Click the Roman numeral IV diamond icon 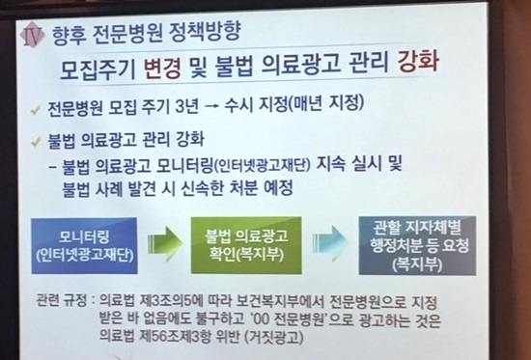pos(32,35)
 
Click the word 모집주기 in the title pos(98,70)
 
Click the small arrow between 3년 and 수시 pos(210,105)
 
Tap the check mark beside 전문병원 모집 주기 pos(35,109)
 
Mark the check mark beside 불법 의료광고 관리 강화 pos(36,142)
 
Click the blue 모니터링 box pos(84,245)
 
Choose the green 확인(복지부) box pos(246,245)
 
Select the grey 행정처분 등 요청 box pos(417,245)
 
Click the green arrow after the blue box pos(165,243)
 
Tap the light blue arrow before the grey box pos(330,243)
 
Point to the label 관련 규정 pos(61,301)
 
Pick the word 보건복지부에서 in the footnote pos(280,302)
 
